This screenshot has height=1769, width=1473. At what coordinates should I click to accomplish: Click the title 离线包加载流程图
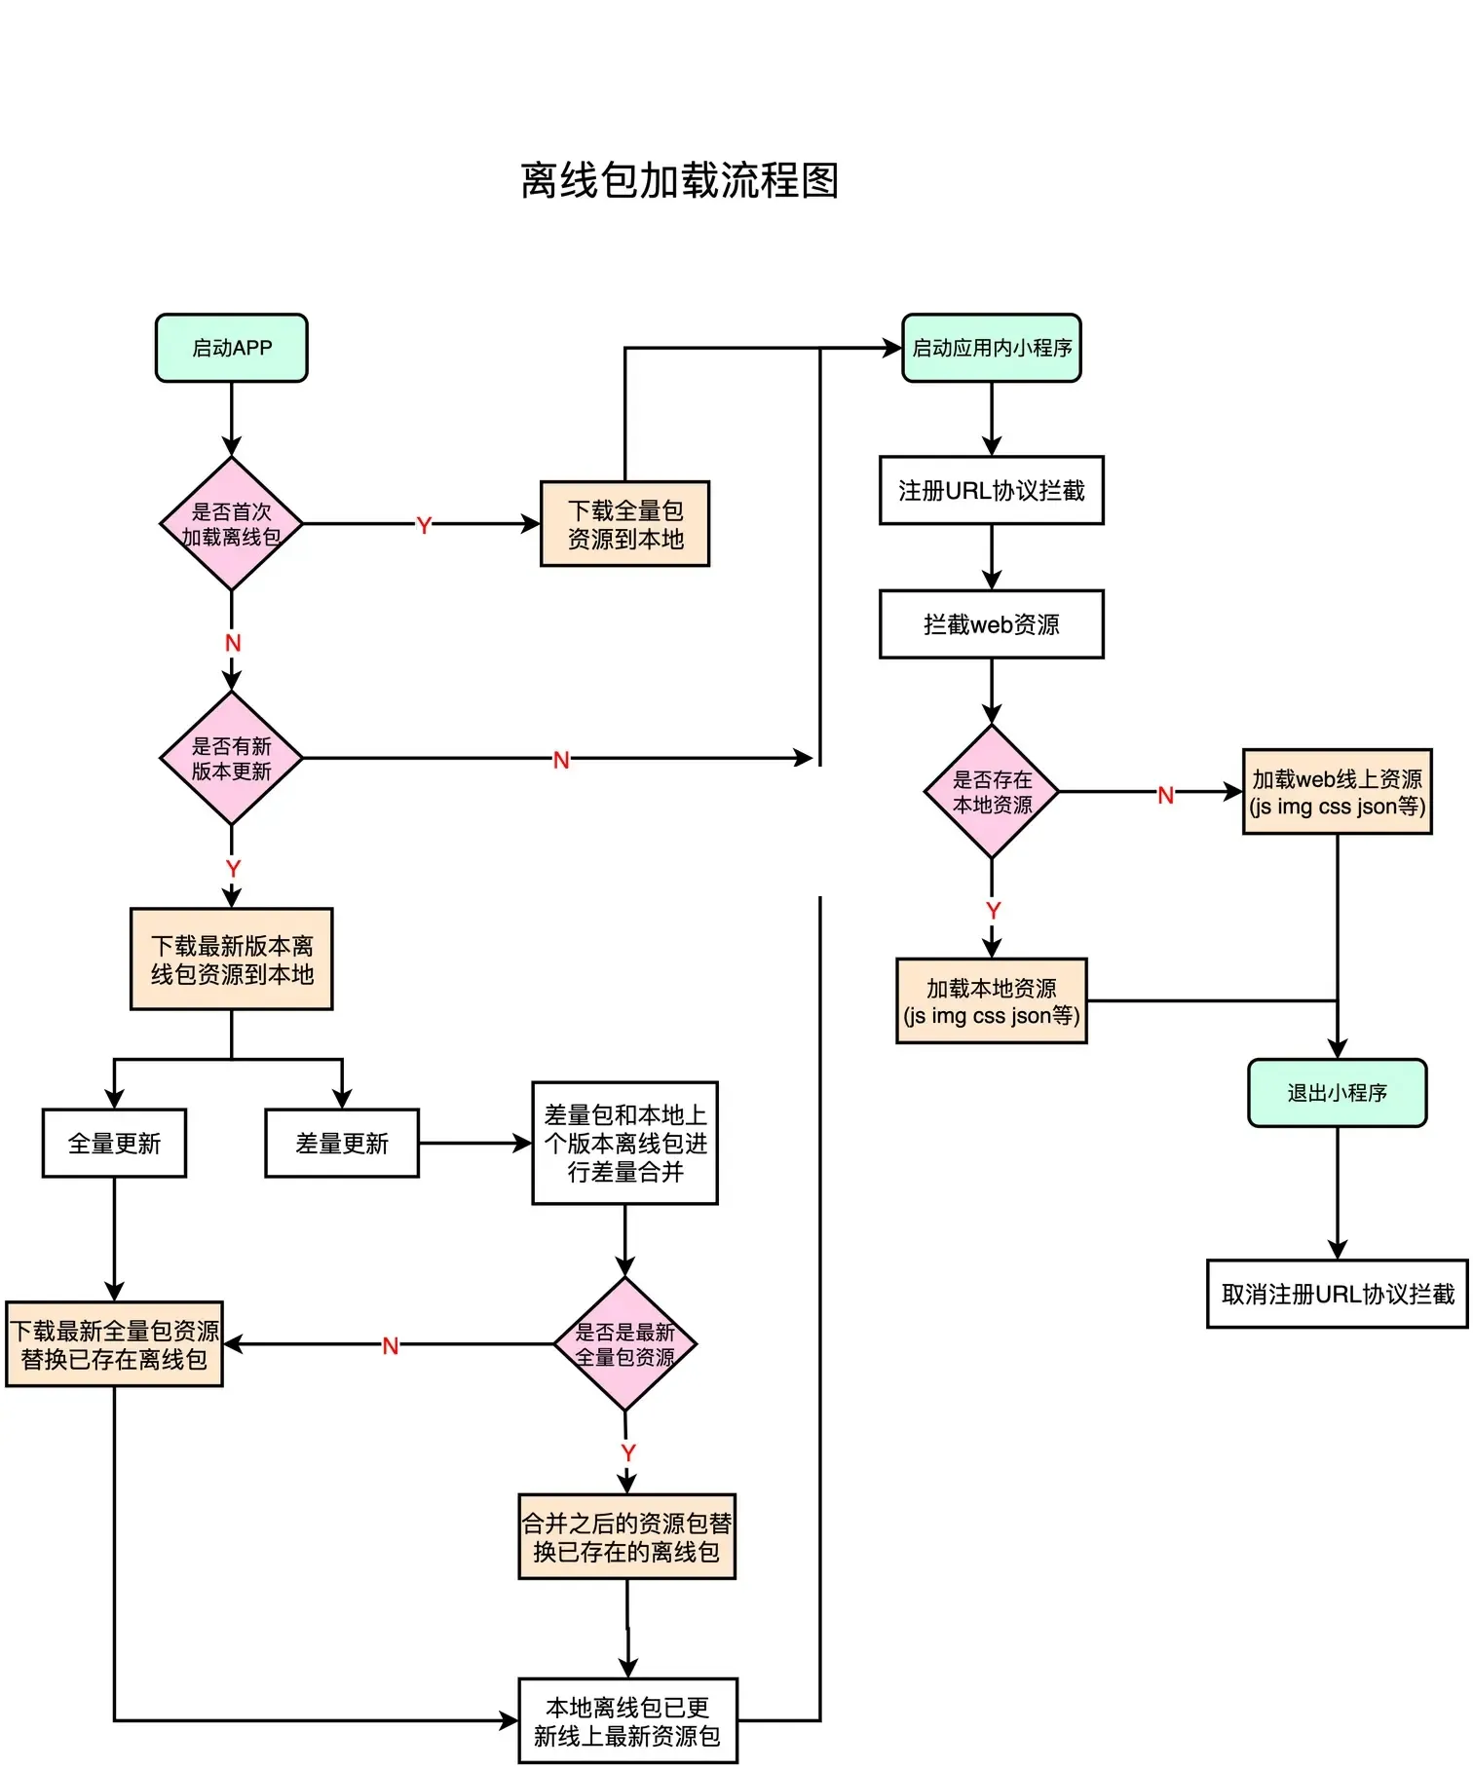click(679, 181)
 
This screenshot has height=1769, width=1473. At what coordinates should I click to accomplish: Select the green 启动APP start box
click(231, 348)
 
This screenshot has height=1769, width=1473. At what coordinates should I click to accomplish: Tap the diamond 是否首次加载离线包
click(231, 524)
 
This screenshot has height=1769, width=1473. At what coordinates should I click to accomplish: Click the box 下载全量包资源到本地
click(624, 524)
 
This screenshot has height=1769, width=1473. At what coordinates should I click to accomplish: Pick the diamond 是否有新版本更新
click(231, 759)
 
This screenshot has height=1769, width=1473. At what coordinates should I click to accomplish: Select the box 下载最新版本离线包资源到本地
click(231, 960)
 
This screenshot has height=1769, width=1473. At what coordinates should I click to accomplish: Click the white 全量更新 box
click(114, 1144)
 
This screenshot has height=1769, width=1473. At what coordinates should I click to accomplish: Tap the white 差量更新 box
click(342, 1144)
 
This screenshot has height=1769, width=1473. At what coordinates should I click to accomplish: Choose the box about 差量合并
click(624, 1144)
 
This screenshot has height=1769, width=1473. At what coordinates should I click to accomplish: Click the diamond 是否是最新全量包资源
click(624, 1344)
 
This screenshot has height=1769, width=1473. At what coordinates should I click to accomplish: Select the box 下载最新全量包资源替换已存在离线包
click(114, 1344)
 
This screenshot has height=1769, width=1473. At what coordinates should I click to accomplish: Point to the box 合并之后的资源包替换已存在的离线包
click(626, 1537)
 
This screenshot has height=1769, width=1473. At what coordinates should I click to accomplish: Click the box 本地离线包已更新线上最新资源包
click(627, 1721)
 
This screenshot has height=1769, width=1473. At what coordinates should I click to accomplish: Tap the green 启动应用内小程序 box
click(992, 348)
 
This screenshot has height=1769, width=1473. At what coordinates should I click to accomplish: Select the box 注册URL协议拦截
click(992, 491)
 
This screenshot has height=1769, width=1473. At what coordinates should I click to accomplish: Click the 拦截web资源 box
click(992, 624)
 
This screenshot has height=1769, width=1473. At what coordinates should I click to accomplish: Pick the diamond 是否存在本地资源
click(992, 792)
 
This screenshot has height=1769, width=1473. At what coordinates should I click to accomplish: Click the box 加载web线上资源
click(1337, 792)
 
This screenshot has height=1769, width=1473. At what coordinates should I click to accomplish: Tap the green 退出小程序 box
click(1337, 1093)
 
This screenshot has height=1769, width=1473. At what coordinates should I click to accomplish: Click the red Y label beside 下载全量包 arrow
click(424, 526)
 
